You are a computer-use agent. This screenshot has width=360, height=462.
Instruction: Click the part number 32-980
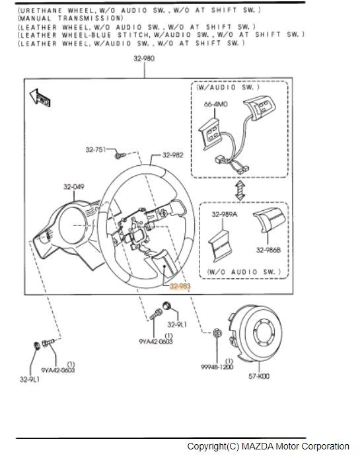click(144, 58)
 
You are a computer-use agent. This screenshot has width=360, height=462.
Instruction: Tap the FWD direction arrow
click(40, 98)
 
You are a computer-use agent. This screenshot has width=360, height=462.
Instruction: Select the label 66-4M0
click(216, 104)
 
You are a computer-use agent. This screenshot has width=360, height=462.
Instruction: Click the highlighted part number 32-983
click(180, 286)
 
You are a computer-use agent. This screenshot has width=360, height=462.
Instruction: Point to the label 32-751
click(96, 149)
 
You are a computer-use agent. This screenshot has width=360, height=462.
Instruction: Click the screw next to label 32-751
click(120, 155)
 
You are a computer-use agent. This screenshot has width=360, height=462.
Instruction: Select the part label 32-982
click(173, 155)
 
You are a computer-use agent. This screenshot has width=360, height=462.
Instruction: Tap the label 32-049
click(74, 187)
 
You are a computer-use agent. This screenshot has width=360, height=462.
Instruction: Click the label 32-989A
click(225, 214)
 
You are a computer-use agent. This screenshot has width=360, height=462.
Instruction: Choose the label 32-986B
click(268, 250)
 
